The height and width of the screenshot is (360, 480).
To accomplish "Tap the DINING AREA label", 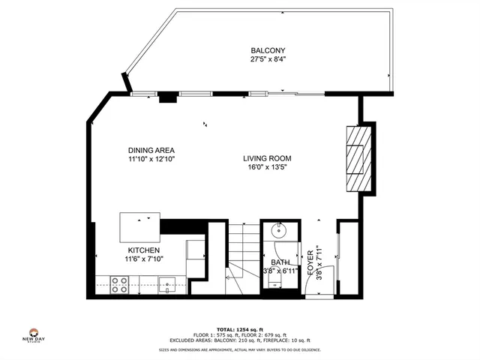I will (151, 151).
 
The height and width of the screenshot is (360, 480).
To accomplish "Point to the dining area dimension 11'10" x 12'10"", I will (151, 159).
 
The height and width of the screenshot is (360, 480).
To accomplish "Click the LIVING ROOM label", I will (266, 158).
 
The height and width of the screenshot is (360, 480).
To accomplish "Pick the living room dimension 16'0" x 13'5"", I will (266, 167).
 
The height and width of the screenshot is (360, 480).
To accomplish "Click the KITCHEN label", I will (143, 250).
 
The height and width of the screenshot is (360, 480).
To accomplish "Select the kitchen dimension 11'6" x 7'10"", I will (143, 259).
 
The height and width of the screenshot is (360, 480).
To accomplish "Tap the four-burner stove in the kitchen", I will (119, 283).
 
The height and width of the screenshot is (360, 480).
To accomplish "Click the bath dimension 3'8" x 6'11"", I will (280, 271).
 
